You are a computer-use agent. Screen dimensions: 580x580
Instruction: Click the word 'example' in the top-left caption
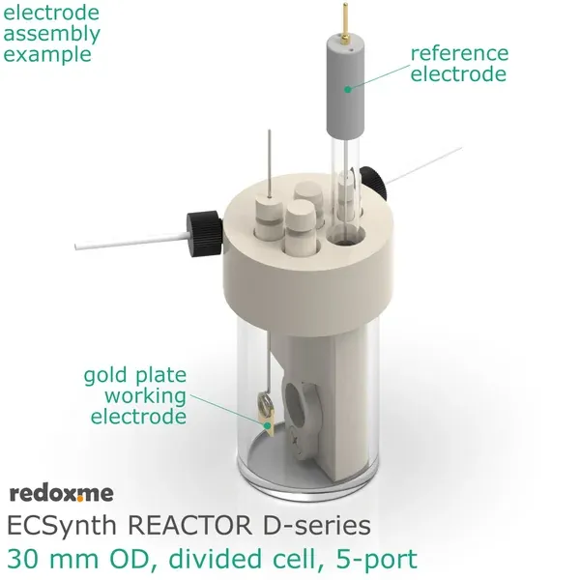(x=47, y=53)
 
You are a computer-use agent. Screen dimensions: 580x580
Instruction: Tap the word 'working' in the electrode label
(x=145, y=395)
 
